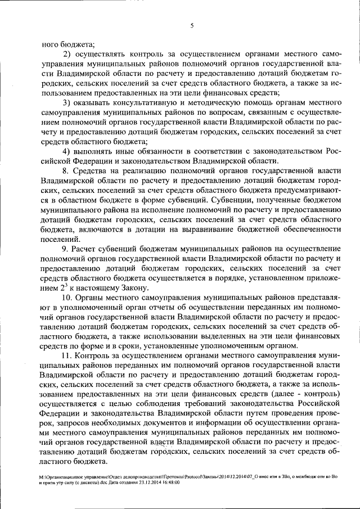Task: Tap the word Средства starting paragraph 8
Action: tap(91, 171)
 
